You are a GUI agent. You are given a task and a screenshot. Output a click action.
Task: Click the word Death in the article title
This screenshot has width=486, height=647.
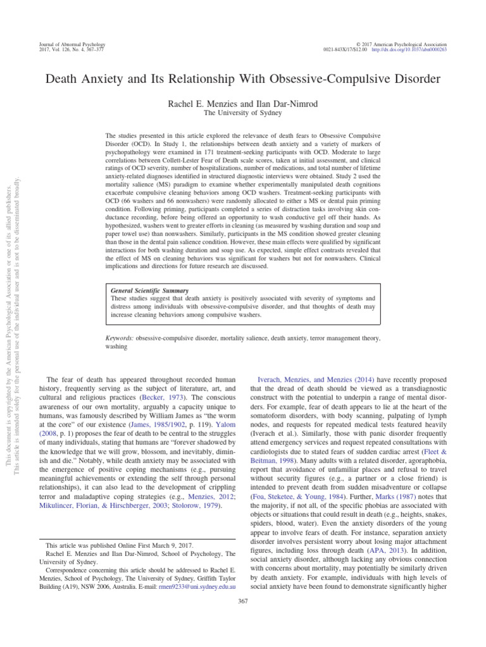point(60,80)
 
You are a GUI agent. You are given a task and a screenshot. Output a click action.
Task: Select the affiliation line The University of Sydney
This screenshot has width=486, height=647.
point(242,113)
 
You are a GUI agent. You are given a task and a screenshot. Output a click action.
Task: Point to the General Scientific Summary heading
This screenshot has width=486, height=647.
point(149,291)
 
